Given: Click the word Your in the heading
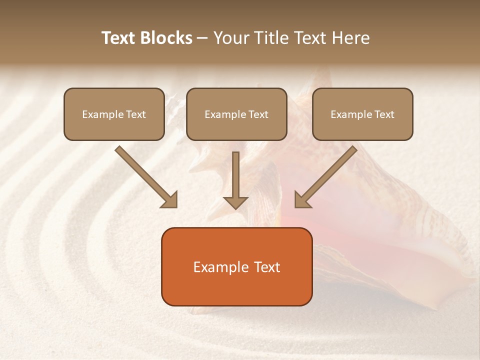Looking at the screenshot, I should coord(231,38).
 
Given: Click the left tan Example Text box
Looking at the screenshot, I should coord(114,114).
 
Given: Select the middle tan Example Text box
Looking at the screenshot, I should coord(236,114).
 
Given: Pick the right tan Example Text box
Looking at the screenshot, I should coord(362,114).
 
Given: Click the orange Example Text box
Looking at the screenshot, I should coord(236,267).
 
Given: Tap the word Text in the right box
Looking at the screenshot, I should coord(384,114).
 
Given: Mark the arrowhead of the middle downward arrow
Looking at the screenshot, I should coord(235,202).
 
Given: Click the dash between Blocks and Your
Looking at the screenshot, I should coord(203,38).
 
